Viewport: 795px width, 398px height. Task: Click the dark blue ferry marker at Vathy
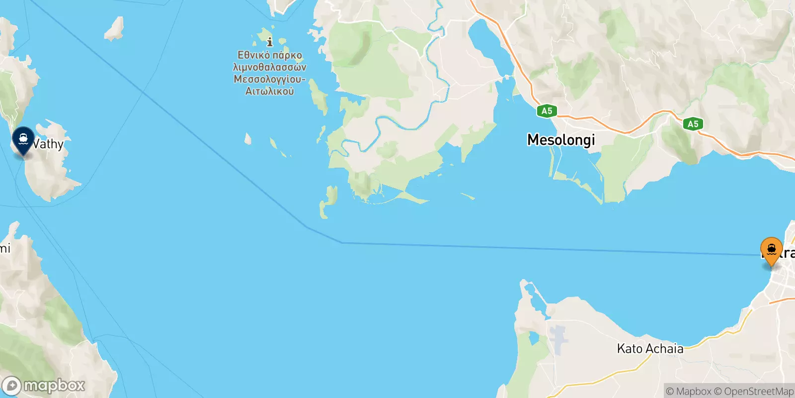point(23,140)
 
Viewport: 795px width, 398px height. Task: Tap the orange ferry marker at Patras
point(771,249)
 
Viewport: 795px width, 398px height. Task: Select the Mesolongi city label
point(561,140)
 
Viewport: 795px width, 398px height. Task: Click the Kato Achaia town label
point(650,349)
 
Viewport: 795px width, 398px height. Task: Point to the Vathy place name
point(49,144)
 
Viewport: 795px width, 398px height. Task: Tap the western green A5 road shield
point(547,111)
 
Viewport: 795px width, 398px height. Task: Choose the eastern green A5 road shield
point(693,124)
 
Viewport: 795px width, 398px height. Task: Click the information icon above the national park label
point(270,41)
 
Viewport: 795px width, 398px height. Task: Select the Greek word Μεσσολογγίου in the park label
point(269,80)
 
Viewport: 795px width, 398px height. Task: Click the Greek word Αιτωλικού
point(270,92)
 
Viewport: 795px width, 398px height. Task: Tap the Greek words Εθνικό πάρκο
point(270,55)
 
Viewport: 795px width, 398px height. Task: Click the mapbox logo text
point(54,386)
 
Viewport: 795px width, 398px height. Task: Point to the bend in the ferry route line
point(342,242)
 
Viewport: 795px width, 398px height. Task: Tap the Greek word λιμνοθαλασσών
point(270,67)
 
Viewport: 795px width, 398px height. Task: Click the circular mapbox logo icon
point(11,386)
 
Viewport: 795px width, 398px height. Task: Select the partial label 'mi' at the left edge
point(5,248)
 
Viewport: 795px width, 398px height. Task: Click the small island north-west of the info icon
point(114,29)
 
